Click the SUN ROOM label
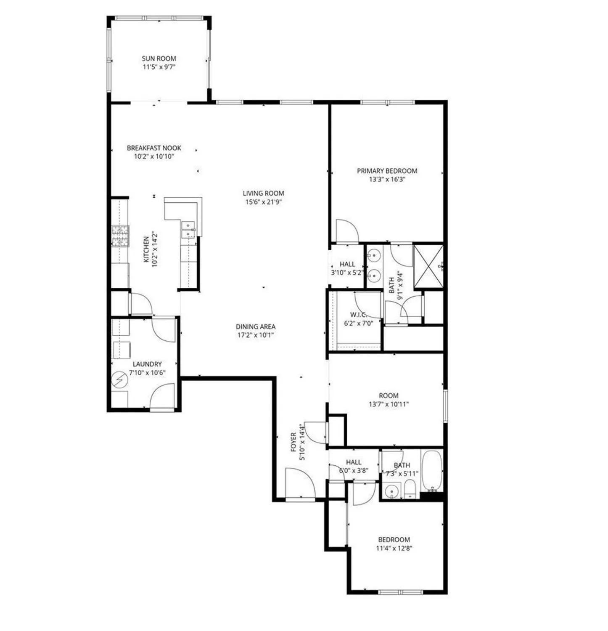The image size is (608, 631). coord(159,58)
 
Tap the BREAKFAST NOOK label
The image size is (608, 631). coord(154,148)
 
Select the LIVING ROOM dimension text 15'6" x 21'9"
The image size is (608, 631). coord(263,202)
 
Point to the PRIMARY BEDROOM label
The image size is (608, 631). coord(387,171)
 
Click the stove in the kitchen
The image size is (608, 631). coord(120,236)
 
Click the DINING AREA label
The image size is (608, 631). coord(255,326)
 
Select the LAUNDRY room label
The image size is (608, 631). coord(147,364)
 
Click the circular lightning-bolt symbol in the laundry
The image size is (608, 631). coord(119,380)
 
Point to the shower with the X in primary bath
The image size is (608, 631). coord(428,266)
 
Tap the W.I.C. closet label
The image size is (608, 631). coord(358,315)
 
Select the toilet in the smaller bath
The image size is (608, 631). coord(410,490)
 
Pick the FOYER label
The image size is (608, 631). coord(293,442)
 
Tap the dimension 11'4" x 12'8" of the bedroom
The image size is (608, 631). coord(394,548)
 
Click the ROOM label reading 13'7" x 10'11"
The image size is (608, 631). coord(389,395)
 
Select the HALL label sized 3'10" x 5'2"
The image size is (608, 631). coord(347,264)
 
